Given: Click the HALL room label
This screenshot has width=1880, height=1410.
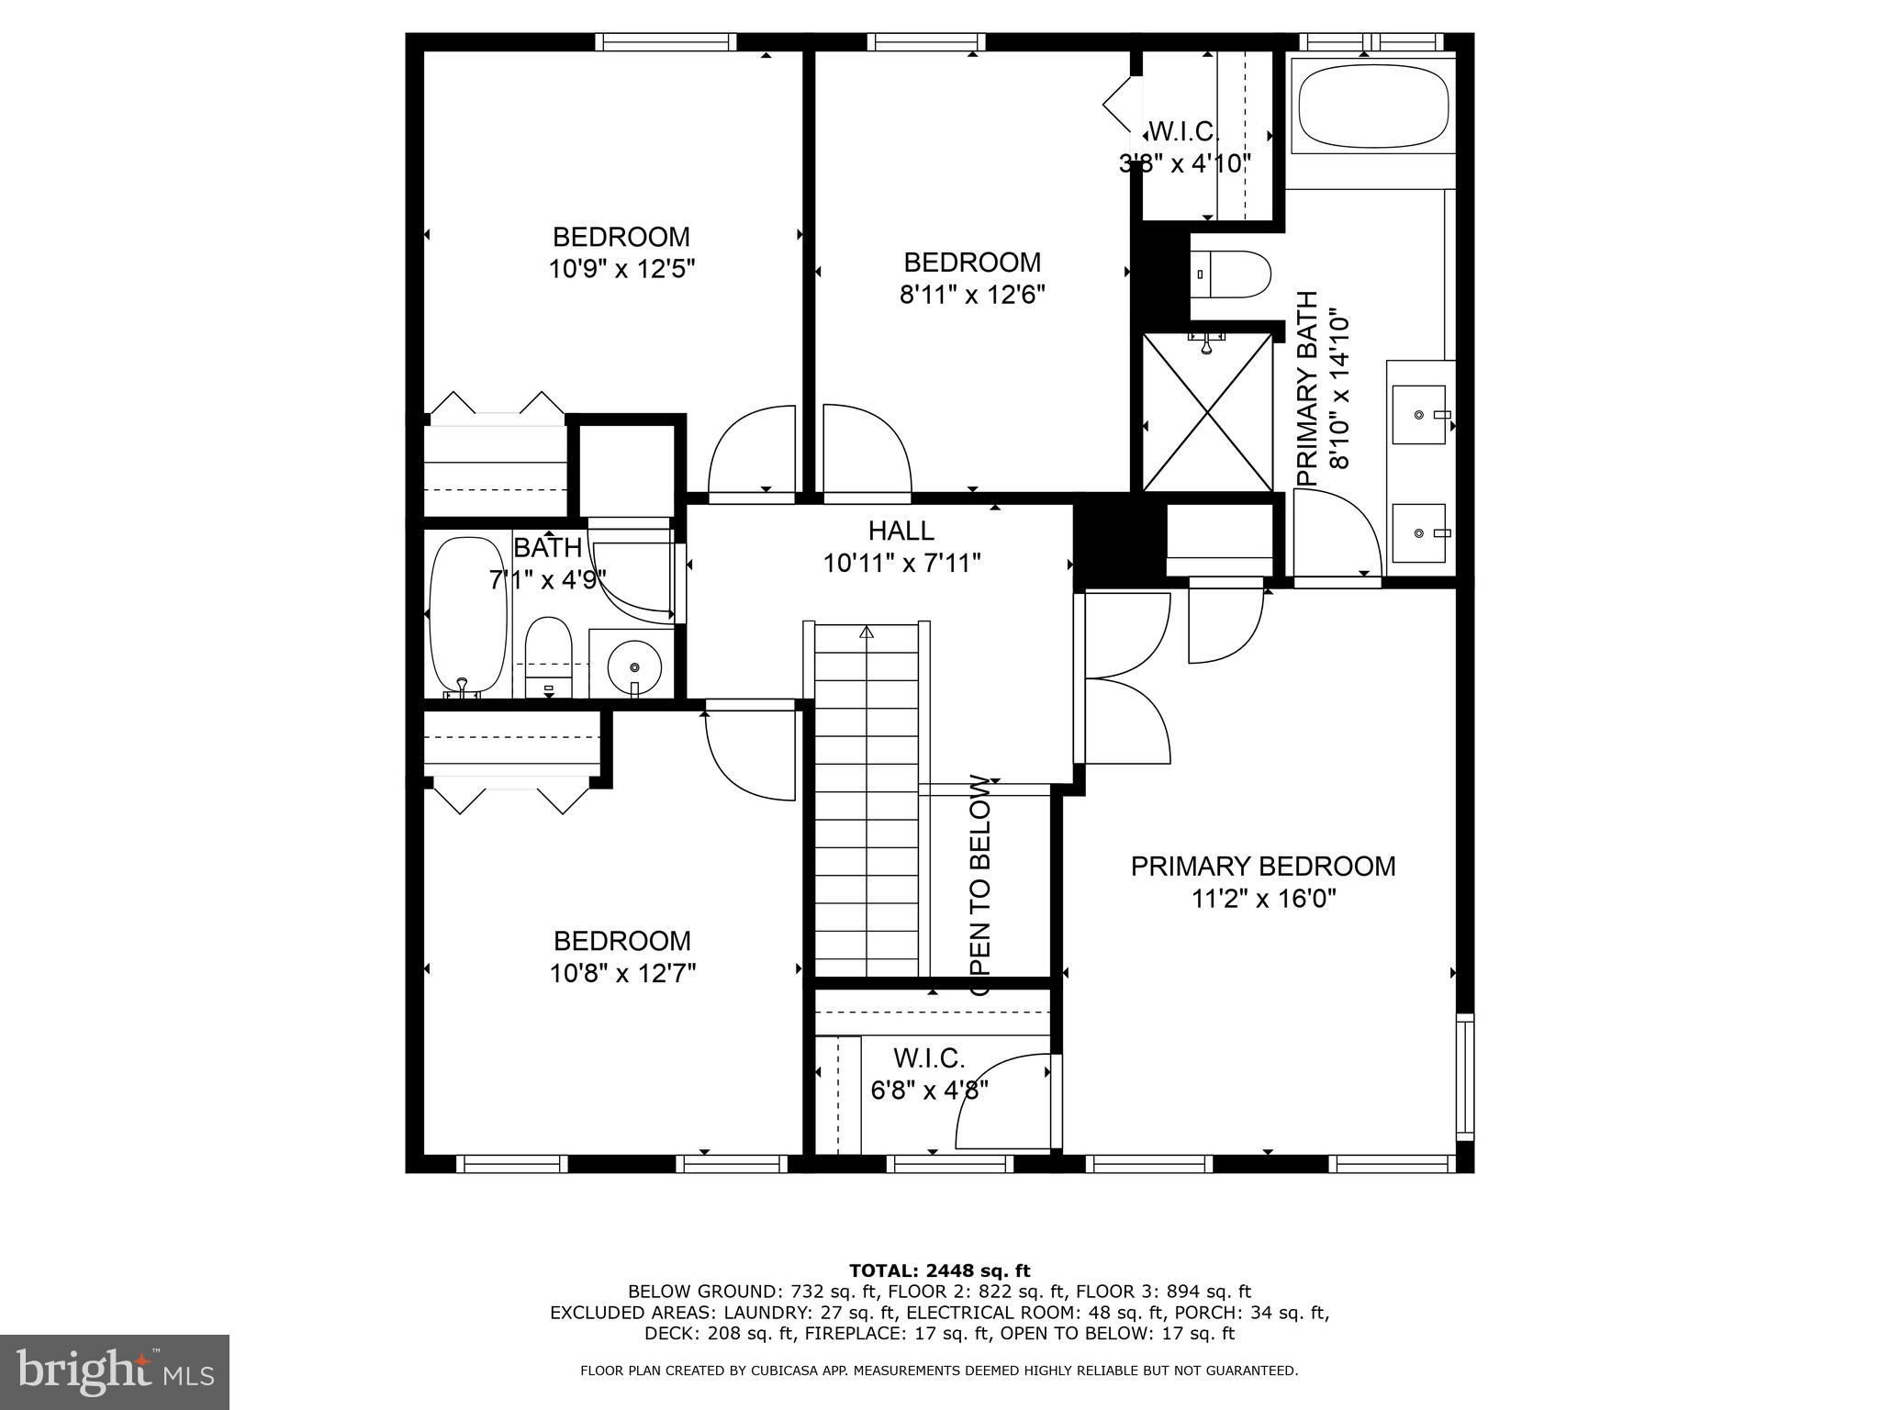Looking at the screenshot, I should pyautogui.click(x=901, y=531).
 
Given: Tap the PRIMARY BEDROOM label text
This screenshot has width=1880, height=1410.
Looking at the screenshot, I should pyautogui.click(x=1262, y=867).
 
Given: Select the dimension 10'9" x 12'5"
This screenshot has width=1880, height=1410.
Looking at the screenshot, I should pyautogui.click(x=621, y=270).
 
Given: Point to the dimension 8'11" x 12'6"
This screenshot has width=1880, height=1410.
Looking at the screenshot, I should pyautogui.click(x=972, y=295).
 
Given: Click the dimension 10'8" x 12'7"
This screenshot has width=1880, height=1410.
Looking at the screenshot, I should pyautogui.click(x=622, y=973).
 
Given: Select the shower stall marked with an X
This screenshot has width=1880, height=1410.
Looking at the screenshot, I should pyautogui.click(x=1207, y=413).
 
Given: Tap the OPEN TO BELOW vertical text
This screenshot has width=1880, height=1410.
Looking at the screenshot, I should pyautogui.click(x=980, y=887).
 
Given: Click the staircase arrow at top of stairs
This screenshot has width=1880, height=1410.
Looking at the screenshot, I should pyautogui.click(x=867, y=632).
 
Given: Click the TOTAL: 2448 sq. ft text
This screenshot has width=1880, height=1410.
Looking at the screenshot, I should pyautogui.click(x=939, y=1270).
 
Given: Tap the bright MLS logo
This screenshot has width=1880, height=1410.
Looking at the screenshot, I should pyautogui.click(x=115, y=1372).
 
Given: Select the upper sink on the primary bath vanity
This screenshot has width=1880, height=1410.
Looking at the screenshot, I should pyautogui.click(x=1420, y=415).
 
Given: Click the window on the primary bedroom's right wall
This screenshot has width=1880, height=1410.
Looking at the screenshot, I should pyautogui.click(x=1465, y=1077).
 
